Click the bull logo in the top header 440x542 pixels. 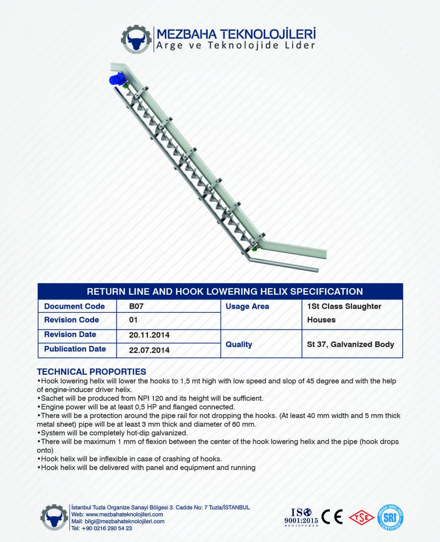tap(136, 40)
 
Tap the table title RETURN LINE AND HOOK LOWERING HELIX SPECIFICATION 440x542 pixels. tap(225, 291)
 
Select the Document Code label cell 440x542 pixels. tap(74, 306)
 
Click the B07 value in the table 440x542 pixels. tap(136, 306)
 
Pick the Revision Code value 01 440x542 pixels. tap(133, 320)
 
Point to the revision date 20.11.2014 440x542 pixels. tap(149, 335)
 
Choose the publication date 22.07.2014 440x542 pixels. tap(149, 350)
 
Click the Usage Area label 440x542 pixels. tap(247, 306)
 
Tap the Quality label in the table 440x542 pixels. tap(239, 344)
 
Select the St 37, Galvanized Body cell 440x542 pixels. tap(351, 344)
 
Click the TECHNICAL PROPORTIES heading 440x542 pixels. tap(92, 372)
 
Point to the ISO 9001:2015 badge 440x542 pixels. tap(301, 517)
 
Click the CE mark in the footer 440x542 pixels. tap(332, 517)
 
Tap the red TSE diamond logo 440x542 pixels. tap(361, 517)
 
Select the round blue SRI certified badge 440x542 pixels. tap(390, 517)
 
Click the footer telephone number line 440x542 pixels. tap(102, 528)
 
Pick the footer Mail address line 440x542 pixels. tap(118, 521)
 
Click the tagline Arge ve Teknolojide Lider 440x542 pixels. tap(236, 46)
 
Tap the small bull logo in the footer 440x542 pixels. tap(54, 517)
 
